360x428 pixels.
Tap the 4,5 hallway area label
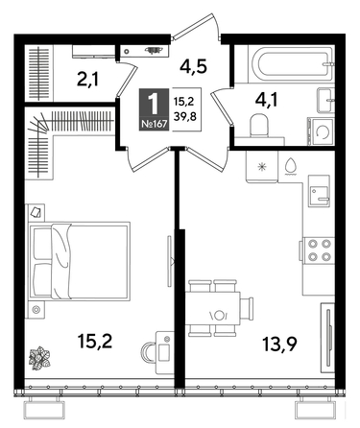(x=197, y=67)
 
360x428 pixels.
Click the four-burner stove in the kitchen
(x=319, y=250)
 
